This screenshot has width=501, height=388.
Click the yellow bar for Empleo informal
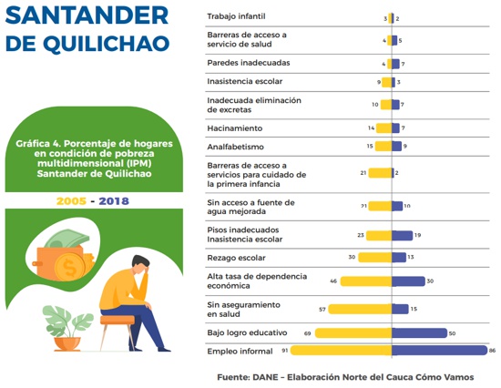(341, 351)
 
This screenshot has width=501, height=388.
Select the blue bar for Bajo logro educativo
(419, 332)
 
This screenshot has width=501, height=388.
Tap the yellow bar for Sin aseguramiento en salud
(360, 309)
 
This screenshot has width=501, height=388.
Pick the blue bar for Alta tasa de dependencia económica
(408, 281)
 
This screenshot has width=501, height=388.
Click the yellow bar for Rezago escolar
(375, 257)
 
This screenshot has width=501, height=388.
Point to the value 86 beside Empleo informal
(492, 351)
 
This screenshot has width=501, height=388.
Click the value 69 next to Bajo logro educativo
(307, 333)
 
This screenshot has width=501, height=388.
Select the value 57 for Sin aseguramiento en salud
(322, 310)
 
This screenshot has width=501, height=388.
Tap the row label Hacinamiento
(235, 128)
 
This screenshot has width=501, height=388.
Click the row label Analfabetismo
(236, 147)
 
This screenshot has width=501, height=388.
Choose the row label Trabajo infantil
(236, 16)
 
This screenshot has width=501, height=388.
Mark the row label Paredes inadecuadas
(249, 63)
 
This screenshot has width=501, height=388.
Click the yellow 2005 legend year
(71, 201)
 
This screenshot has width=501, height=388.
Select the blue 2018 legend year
(114, 201)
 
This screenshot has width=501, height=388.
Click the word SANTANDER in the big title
(87, 15)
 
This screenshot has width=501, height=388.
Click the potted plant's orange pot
(67, 344)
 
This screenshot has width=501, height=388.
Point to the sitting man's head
(140, 264)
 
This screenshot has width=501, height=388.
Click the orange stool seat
(118, 320)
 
